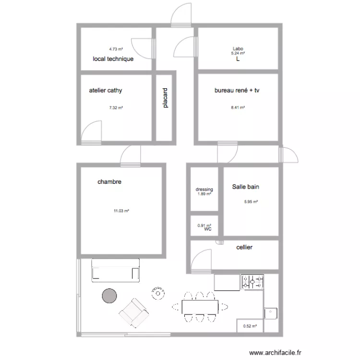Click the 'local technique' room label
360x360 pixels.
click(113, 59)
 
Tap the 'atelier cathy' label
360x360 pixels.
click(108, 90)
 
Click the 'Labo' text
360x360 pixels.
click(238, 48)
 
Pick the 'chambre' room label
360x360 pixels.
click(109, 182)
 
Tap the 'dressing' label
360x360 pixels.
click(204, 190)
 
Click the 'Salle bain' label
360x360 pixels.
click(246, 187)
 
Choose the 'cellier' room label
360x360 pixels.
click(244, 248)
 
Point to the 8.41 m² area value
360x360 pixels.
click(238, 108)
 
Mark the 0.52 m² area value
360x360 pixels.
click(250, 326)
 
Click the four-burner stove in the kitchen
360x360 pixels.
click(252, 282)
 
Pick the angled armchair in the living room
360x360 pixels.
click(134, 312)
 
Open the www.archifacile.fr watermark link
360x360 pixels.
click(276, 352)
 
